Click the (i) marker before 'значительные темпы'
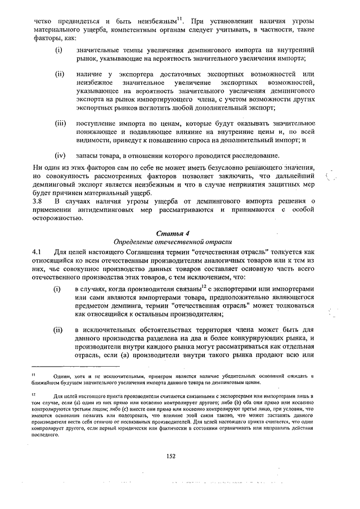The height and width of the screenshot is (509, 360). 58,50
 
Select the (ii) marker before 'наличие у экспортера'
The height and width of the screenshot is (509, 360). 59,74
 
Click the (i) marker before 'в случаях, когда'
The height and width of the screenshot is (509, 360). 57,289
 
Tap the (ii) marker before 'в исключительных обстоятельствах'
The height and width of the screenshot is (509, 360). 58,330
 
